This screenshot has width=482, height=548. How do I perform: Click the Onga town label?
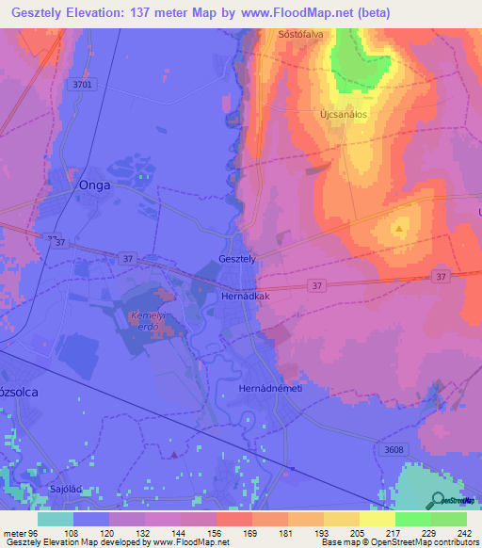94,185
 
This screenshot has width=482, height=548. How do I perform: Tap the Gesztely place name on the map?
236,259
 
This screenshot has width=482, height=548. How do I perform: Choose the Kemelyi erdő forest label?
147,319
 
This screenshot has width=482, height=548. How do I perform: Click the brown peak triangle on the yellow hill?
400,228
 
